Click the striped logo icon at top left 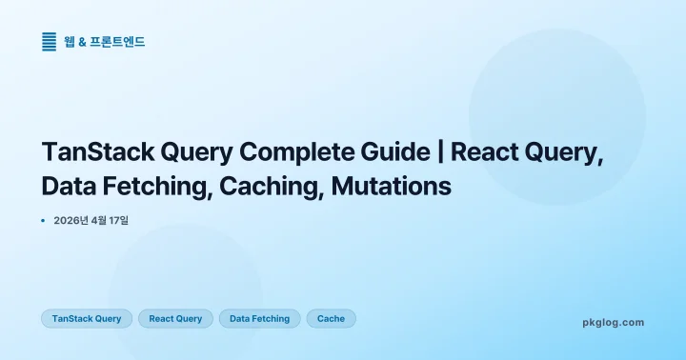point(50,41)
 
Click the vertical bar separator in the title point(441,152)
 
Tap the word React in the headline point(489,152)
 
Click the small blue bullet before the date point(44,220)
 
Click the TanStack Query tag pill point(87,318)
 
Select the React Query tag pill point(175,318)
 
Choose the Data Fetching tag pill point(259,318)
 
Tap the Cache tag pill point(331,318)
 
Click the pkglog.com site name point(613,322)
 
